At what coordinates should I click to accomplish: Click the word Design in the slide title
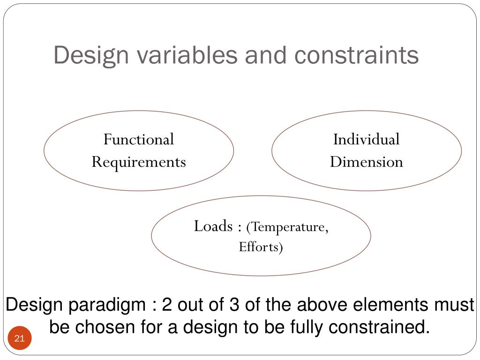tap(91, 55)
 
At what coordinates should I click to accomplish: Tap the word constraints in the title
tap(356, 55)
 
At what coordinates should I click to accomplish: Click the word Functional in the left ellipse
tap(139, 139)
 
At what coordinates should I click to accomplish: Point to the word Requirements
tap(139, 162)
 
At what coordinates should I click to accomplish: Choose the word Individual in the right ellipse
tap(366, 139)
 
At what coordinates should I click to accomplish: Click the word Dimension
tap(366, 162)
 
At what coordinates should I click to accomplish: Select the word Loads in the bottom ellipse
tap(213, 226)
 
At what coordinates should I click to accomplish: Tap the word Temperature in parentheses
tap(287, 227)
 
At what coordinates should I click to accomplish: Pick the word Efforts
tap(261, 247)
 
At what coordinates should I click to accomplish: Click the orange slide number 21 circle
tap(20, 338)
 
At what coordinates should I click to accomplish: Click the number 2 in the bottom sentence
tap(167, 305)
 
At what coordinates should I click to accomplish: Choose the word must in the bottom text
tap(454, 305)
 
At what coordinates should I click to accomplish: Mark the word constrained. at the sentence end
tap(379, 327)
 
